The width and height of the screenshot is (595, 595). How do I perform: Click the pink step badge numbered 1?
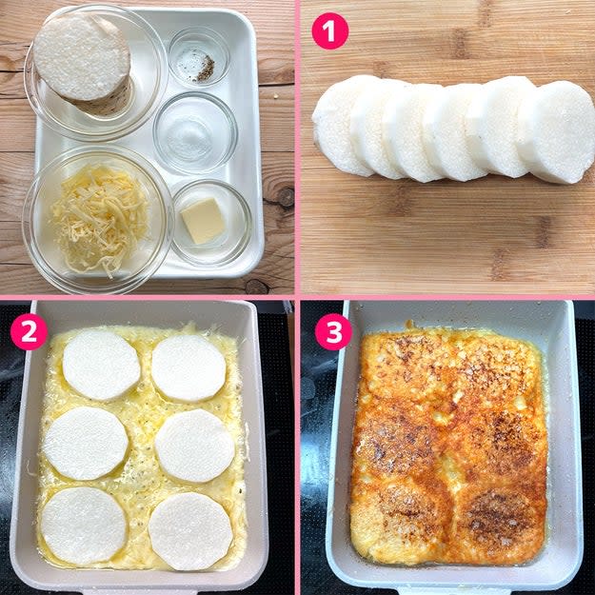329,30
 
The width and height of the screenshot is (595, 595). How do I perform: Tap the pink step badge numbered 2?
29,331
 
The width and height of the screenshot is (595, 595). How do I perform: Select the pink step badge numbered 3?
333,331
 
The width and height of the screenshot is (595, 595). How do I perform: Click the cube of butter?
203,221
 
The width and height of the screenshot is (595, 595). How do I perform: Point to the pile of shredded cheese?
99,219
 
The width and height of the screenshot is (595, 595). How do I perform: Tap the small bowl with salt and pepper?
199,56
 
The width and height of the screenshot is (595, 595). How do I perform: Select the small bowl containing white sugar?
195,133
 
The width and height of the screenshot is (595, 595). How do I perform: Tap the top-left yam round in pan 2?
101,365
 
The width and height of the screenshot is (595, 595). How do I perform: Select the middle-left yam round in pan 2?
86,444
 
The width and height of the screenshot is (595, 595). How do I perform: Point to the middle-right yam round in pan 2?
194,446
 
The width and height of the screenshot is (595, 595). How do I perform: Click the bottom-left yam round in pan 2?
84,526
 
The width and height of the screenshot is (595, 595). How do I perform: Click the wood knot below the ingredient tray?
256,287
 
